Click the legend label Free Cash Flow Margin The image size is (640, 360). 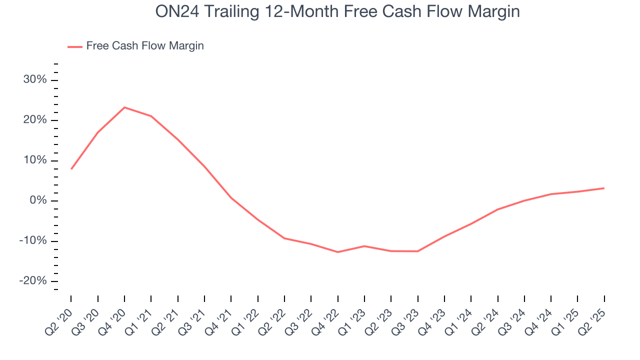[x=145, y=46]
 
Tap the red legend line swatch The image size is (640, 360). [x=75, y=46]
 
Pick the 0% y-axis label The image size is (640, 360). [x=38, y=201]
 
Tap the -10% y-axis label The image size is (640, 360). [x=33, y=241]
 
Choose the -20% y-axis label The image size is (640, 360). [x=33, y=281]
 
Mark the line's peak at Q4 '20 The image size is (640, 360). [x=124, y=107]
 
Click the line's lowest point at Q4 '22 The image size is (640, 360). [x=338, y=252]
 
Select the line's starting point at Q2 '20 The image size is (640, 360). [x=71, y=169]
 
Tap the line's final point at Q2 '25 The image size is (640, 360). [x=604, y=188]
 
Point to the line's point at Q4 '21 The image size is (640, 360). [x=231, y=198]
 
